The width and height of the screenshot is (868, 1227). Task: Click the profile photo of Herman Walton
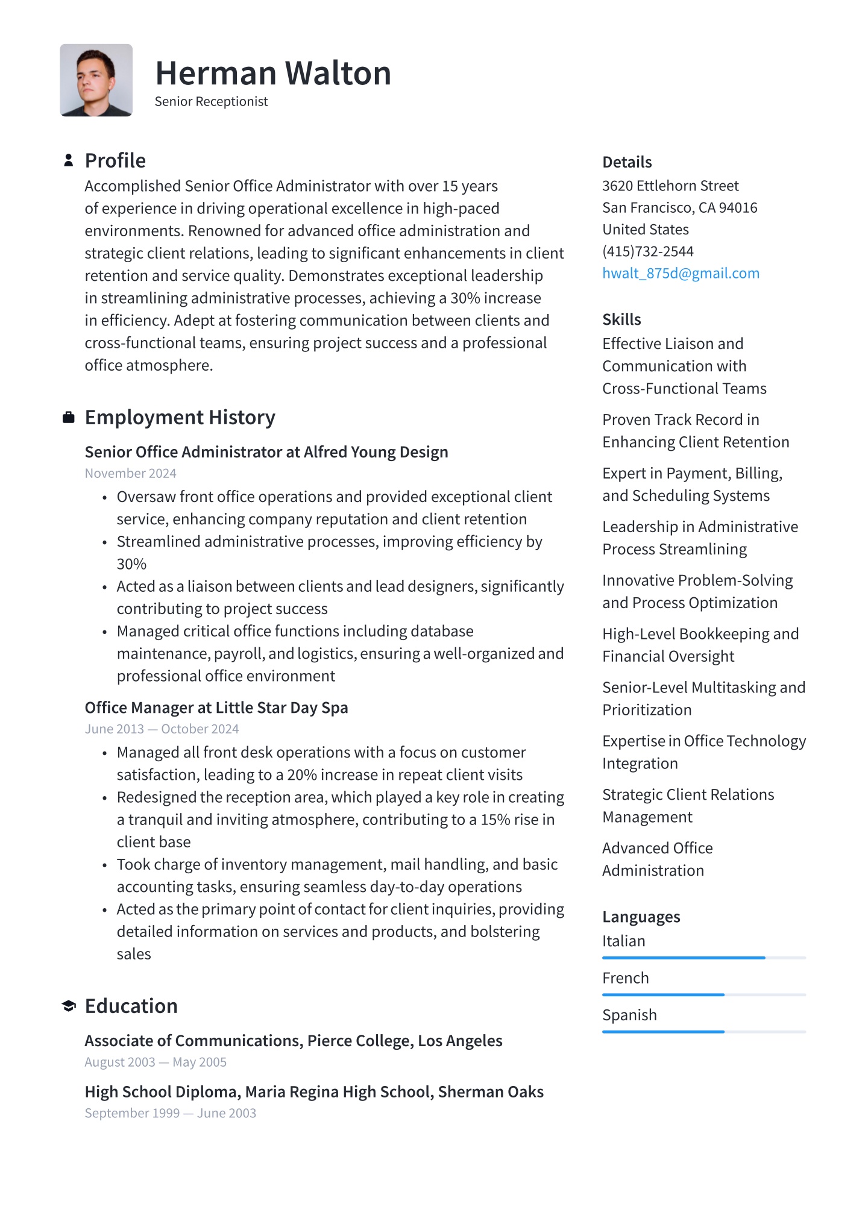click(96, 80)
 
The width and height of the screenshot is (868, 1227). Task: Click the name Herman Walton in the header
click(273, 74)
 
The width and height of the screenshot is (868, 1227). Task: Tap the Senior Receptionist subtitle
click(211, 102)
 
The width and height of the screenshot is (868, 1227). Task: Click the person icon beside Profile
click(69, 160)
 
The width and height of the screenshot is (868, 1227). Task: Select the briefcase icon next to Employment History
click(69, 417)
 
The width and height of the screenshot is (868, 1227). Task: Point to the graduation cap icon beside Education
click(69, 1006)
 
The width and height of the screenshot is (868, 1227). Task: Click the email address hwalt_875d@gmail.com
click(681, 274)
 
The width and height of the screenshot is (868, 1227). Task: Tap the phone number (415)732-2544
click(647, 251)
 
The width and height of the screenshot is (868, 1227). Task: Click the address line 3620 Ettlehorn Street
click(670, 186)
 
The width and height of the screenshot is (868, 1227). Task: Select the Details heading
click(627, 162)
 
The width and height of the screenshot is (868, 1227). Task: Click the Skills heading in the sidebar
click(621, 319)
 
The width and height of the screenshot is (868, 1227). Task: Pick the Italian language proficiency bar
click(703, 958)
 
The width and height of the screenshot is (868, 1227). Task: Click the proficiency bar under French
click(703, 995)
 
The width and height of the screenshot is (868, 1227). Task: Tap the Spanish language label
click(629, 1015)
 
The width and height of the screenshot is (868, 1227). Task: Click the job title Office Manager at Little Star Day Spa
click(216, 708)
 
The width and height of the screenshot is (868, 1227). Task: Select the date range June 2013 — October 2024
click(162, 729)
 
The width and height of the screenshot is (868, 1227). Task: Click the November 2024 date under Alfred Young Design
click(130, 474)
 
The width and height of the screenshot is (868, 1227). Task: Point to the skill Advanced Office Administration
click(657, 859)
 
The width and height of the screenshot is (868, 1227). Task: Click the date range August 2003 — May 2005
click(156, 1062)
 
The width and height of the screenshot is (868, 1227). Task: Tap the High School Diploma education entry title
click(314, 1092)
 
